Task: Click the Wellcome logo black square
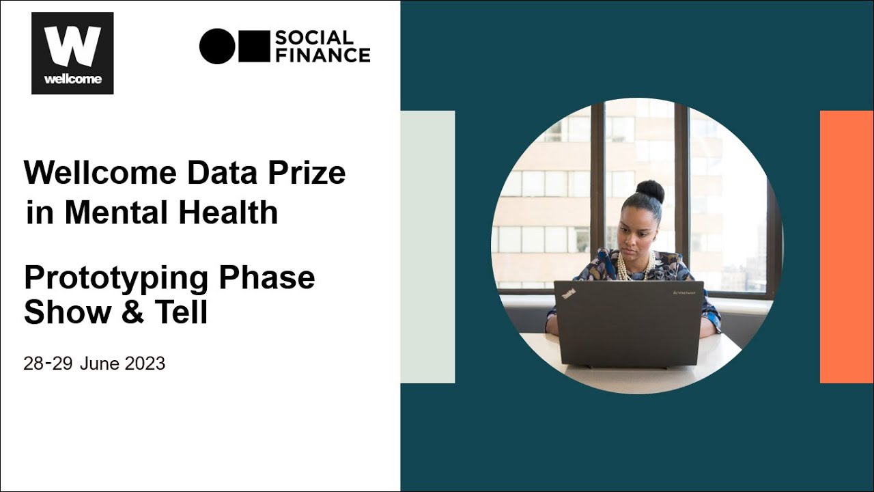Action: [x=72, y=53]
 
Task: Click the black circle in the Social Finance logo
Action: [x=217, y=46]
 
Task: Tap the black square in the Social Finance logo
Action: [x=253, y=46]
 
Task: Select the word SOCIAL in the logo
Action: [x=314, y=37]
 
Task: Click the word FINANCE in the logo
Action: [x=322, y=55]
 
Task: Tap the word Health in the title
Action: [x=228, y=213]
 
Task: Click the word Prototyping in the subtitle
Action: [x=116, y=278]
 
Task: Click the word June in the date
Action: [x=100, y=364]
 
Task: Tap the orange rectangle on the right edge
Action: [x=847, y=247]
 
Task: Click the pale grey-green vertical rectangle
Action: [x=427, y=247]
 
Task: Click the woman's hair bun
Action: [x=650, y=191]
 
